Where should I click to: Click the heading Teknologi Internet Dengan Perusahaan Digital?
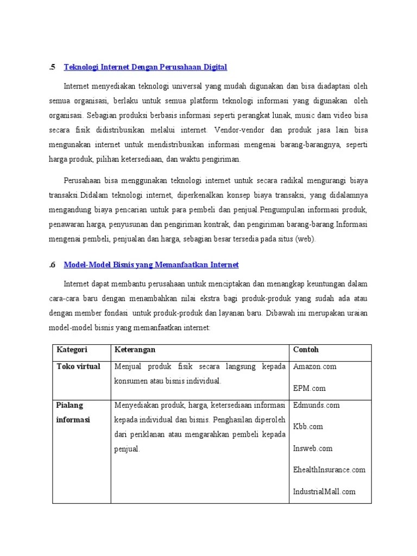point(145,67)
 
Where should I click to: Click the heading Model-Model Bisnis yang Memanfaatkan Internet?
point(151,265)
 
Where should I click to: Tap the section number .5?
point(52,67)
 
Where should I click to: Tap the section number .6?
point(52,265)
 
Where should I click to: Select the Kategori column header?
point(72,350)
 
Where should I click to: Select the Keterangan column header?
point(138,350)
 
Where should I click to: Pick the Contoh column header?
point(306,350)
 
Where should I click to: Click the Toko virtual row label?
point(79,367)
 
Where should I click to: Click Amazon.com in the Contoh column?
point(315,367)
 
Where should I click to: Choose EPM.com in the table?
point(309,388)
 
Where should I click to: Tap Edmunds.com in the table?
point(316,405)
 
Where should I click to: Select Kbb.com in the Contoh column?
point(308,427)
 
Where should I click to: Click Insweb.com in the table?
point(313,448)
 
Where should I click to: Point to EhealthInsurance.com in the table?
point(329,470)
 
